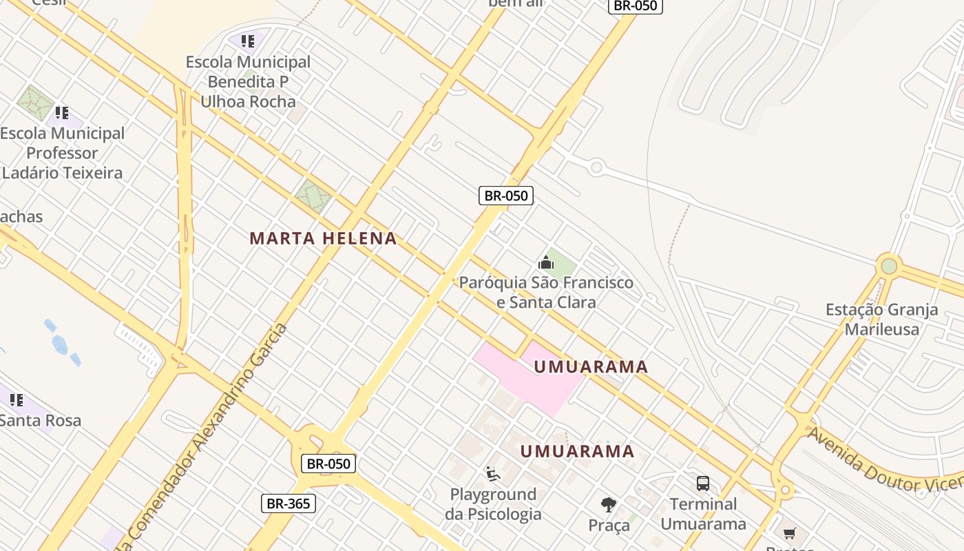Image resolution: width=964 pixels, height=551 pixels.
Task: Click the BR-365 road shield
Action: tap(289, 503)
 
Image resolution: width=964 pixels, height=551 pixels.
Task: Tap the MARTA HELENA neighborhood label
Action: tap(323, 239)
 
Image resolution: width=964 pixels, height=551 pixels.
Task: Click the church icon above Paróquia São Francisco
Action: tap(546, 262)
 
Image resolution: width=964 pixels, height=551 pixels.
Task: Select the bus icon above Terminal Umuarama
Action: tap(703, 483)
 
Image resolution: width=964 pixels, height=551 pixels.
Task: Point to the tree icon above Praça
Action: tap(609, 505)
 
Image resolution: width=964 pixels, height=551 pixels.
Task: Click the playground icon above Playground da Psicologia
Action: tap(492, 474)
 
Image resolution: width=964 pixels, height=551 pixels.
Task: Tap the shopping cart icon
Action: tap(789, 533)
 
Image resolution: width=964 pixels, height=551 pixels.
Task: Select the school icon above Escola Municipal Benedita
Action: tap(248, 41)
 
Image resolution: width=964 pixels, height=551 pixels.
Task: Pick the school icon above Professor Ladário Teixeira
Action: tap(62, 112)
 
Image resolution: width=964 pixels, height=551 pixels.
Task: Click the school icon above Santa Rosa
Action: tap(17, 399)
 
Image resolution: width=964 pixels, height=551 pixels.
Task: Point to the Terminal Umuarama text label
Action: tap(703, 514)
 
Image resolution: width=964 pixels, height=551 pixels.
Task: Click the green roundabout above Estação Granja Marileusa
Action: tap(889, 266)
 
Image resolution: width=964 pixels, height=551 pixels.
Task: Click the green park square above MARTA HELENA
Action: tap(313, 196)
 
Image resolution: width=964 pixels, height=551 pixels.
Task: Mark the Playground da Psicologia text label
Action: tap(493, 504)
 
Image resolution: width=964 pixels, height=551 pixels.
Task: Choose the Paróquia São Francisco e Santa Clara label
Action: tap(546, 292)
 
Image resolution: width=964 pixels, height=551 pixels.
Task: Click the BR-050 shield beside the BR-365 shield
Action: tap(329, 464)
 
